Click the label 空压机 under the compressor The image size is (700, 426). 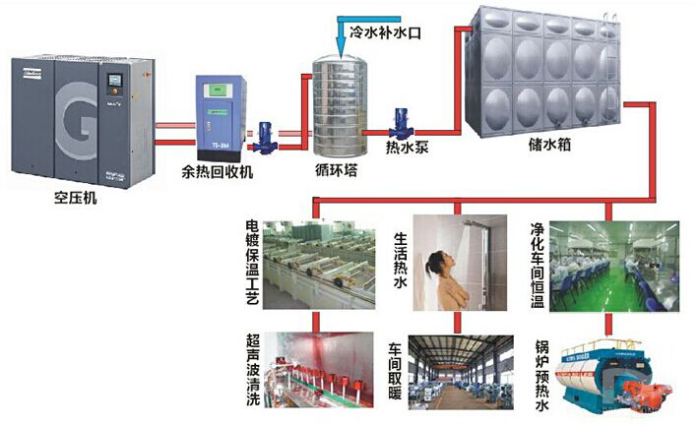pos(76,197)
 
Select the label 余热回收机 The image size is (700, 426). pos(218,172)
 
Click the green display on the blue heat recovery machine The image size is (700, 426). pos(219,91)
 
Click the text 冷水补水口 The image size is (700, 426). pos(385,32)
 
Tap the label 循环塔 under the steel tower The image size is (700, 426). pos(336,170)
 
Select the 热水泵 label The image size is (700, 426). pos(408,148)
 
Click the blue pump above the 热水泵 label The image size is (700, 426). pos(401,123)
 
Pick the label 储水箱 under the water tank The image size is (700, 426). pos(549,144)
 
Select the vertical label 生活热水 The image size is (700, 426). pos(401,260)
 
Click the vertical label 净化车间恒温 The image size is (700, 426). pos(538,266)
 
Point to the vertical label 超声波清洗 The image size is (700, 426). pos(253,370)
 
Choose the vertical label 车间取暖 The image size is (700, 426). pos(395,371)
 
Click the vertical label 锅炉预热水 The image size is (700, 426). pos(541,376)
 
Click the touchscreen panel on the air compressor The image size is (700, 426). pos(115,81)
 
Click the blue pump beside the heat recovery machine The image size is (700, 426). pos(265,138)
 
